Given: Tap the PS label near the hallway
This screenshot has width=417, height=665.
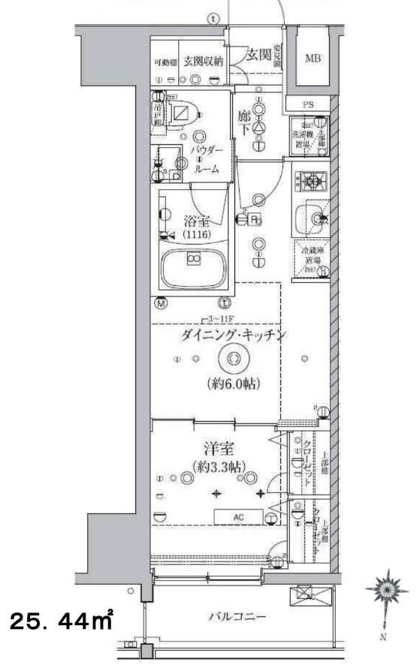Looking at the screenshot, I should tap(308, 105).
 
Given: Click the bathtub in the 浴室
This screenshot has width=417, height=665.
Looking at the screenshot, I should tap(194, 267).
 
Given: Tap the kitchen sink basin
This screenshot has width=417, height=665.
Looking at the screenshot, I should tap(308, 218).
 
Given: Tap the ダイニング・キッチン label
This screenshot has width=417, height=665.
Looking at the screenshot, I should tap(232, 336).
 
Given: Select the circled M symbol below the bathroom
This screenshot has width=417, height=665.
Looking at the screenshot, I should tap(161, 303).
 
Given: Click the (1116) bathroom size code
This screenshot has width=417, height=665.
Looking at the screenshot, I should tap(194, 234).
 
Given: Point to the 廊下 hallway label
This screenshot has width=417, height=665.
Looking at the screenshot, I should tap(244, 122).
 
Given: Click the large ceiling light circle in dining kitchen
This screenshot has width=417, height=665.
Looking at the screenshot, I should tap(233, 360).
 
